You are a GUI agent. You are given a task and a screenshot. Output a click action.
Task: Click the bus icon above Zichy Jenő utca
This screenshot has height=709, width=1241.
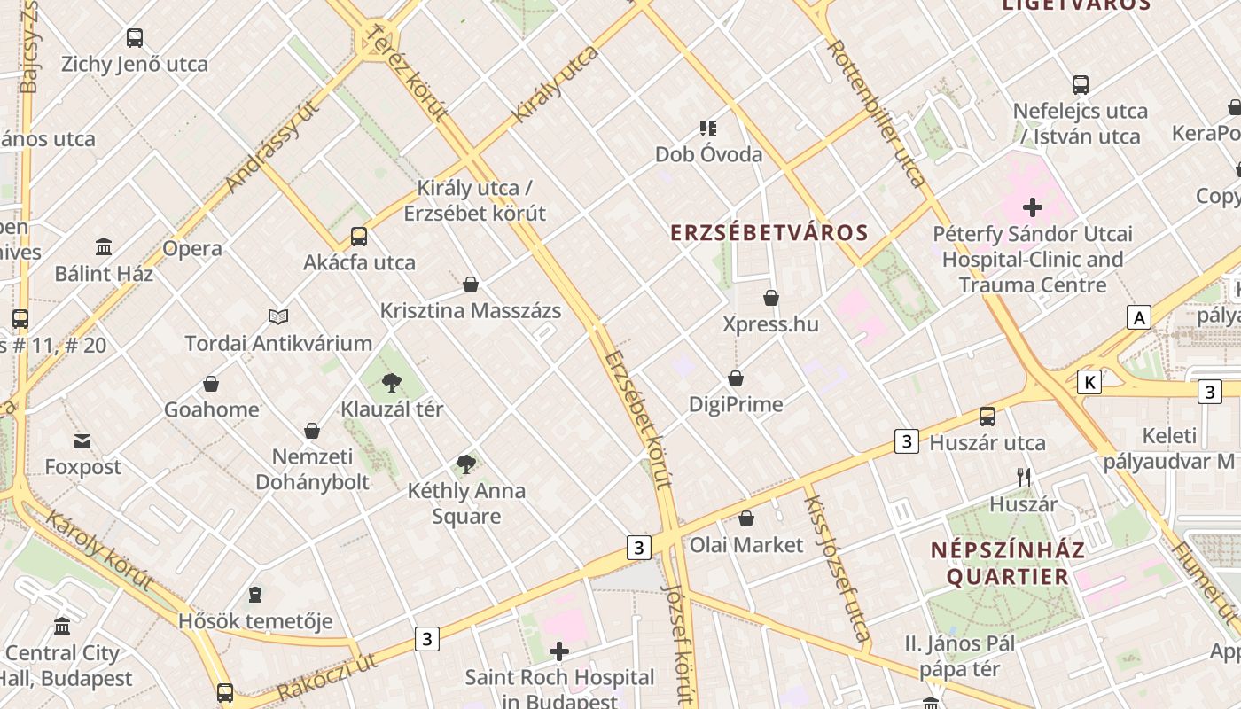(135, 38)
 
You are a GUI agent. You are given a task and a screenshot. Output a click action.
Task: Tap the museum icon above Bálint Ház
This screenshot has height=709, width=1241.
(104, 246)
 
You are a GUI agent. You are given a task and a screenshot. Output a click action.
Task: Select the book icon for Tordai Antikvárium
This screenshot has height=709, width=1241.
(278, 316)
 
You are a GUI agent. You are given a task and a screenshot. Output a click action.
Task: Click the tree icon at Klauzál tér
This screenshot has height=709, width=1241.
(392, 383)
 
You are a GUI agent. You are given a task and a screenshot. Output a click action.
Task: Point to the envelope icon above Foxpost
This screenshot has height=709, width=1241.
(82, 440)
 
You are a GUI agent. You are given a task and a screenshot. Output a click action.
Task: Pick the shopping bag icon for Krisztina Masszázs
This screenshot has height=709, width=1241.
(471, 284)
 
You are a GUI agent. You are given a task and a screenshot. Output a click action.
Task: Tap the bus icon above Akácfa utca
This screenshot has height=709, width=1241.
(359, 237)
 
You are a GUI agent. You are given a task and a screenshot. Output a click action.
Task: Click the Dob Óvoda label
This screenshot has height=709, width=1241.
(708, 154)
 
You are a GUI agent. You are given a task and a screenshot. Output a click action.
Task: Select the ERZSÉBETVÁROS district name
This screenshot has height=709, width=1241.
(769, 233)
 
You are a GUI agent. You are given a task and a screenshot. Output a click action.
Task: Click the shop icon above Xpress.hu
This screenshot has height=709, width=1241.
(771, 298)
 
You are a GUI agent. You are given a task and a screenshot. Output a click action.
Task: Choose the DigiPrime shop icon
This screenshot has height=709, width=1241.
(736, 378)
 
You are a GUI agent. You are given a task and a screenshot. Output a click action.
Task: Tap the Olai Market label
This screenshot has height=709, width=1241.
(746, 545)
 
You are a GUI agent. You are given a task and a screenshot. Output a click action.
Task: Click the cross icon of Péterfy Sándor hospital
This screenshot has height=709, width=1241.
(1033, 208)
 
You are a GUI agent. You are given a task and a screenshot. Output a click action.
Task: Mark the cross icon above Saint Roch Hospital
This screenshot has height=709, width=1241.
(559, 652)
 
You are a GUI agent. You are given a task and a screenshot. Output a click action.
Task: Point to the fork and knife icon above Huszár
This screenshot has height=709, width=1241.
(1024, 478)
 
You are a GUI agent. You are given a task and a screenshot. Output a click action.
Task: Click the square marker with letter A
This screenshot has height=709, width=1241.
(1139, 317)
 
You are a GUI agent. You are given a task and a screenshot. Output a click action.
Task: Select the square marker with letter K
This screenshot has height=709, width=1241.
(1089, 382)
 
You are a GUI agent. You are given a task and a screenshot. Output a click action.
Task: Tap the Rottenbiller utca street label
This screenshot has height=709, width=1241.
(876, 112)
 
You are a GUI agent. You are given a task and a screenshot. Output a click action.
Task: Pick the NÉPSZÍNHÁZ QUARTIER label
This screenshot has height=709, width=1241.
(1008, 564)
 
